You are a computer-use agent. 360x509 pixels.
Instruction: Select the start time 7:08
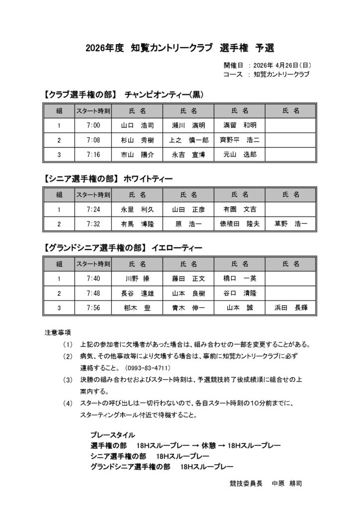coord(93,140)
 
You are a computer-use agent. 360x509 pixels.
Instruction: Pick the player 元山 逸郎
coord(240,155)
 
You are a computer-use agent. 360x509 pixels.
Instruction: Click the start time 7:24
coord(93,209)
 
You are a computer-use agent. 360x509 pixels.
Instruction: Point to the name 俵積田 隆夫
coord(240,224)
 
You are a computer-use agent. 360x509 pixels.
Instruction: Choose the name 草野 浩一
coord(291,224)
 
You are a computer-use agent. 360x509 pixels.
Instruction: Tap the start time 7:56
coord(93,308)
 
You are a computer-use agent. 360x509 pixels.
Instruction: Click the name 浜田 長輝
coord(291,308)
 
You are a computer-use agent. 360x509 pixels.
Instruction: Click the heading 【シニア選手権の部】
coord(80,177)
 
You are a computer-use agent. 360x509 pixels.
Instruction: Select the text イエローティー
coord(178,247)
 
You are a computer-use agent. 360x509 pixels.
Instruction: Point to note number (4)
coord(68,404)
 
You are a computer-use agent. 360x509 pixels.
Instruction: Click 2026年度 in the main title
coord(104,48)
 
